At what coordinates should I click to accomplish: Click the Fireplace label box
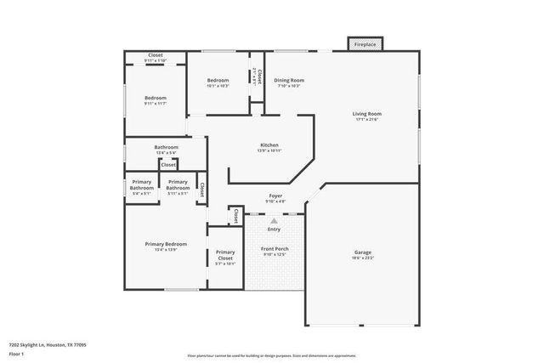click(x=365, y=43)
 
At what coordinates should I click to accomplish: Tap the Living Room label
click(x=367, y=113)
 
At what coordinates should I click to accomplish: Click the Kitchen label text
click(x=269, y=145)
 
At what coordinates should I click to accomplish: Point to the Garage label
click(x=363, y=252)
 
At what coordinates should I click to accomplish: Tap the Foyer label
click(x=275, y=196)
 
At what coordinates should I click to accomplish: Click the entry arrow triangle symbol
click(x=274, y=220)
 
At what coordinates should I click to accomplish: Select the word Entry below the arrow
click(x=274, y=229)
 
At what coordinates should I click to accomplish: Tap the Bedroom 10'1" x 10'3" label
click(x=218, y=80)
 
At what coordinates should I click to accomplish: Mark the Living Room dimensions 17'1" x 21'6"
click(x=367, y=120)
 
